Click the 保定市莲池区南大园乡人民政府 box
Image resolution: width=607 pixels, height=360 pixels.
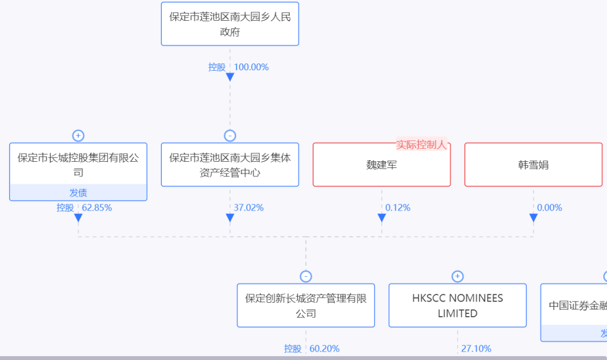[230, 24]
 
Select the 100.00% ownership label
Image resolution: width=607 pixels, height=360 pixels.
[251, 67]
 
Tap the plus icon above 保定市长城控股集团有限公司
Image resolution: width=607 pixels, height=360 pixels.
[78, 136]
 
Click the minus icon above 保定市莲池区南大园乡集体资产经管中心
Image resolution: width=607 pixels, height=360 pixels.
[230, 136]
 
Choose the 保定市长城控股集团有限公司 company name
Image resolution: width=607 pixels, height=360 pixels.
[78, 165]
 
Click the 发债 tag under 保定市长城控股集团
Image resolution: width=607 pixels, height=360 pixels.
[78, 193]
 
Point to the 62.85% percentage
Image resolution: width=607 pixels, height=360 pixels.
[97, 208]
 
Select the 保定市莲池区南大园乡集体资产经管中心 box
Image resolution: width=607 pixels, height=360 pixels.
[230, 165]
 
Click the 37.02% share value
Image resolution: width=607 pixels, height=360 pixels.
[248, 208]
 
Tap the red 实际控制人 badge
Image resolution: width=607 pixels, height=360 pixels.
[422, 145]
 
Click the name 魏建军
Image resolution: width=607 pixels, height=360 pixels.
[382, 165]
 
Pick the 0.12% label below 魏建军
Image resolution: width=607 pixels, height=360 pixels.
[398, 208]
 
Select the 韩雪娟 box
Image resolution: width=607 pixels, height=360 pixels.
[533, 165]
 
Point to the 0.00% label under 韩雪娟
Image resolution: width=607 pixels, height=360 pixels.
[549, 208]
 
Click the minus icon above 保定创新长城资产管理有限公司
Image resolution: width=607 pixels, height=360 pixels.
[306, 276]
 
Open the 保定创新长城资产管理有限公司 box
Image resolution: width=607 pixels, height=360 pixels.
[306, 306]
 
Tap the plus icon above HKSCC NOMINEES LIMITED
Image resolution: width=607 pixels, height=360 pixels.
[457, 276]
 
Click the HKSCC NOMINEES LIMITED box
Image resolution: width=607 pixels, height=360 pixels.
[457, 306]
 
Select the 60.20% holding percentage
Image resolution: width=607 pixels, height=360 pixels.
[324, 349]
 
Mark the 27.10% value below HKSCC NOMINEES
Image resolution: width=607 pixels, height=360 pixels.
[476, 349]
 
